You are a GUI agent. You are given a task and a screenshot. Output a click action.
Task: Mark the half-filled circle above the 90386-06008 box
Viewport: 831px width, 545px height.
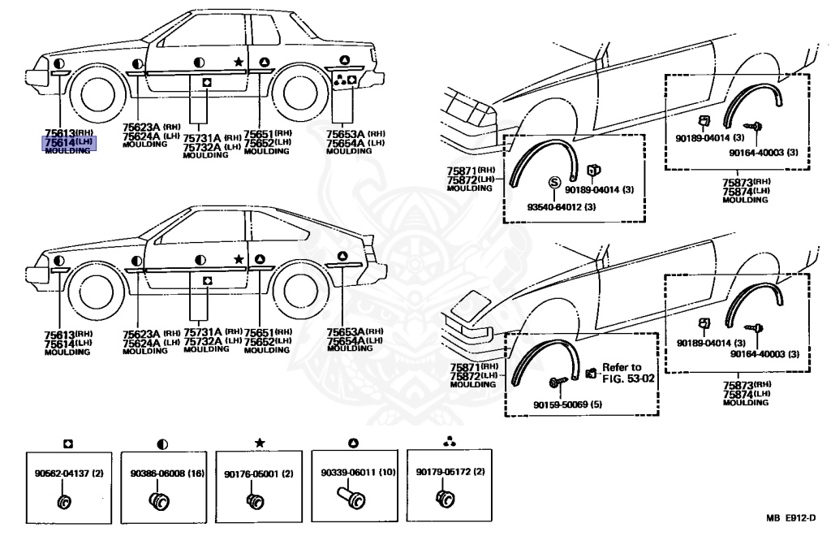[163, 443]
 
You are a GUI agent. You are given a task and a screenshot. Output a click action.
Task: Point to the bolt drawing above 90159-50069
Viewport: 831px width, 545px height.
[558, 382]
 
